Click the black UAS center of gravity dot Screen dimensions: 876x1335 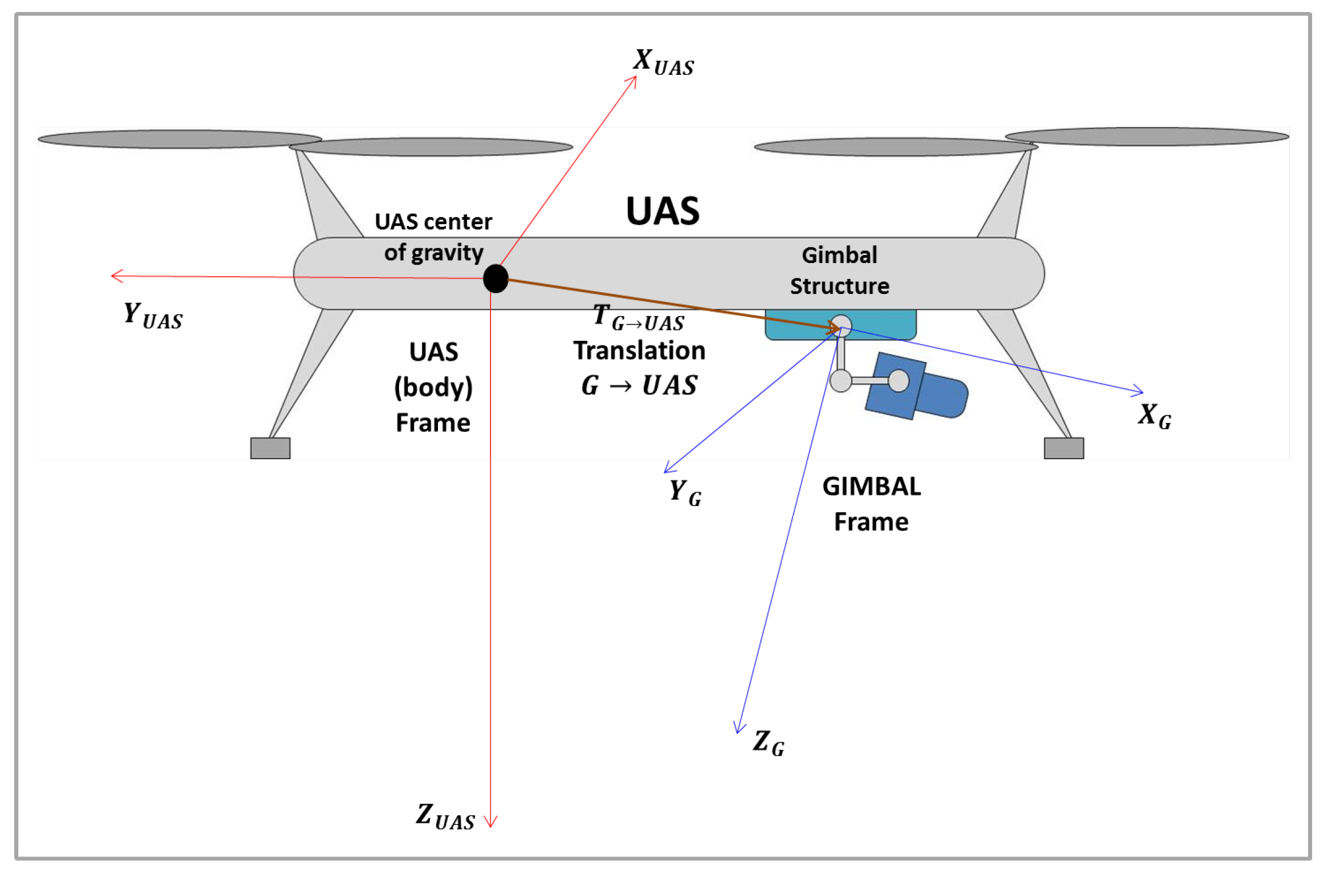[495, 278]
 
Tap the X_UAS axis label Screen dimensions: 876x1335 [663, 62]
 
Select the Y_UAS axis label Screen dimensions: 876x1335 [153, 316]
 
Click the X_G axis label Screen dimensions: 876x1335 [1154, 416]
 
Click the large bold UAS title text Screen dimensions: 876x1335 [662, 211]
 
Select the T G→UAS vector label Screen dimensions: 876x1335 [638, 318]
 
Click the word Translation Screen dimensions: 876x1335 [639, 351]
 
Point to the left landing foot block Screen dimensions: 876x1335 [270, 448]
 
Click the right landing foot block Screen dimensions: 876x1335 [1063, 448]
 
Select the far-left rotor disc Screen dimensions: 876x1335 [179, 139]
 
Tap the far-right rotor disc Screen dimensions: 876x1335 [1146, 137]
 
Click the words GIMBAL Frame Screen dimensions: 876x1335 [871, 504]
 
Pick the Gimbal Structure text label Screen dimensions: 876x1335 [839, 270]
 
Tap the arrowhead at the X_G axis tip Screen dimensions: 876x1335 [1138, 392]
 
